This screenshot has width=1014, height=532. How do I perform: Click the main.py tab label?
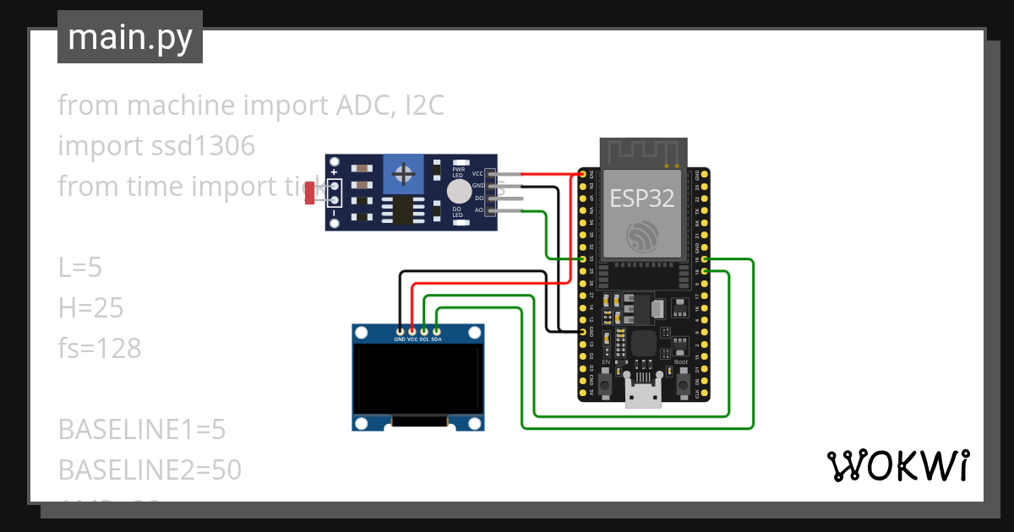coord(130,38)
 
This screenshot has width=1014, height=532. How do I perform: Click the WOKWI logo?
coord(897,465)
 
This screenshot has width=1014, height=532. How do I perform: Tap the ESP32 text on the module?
coord(643,198)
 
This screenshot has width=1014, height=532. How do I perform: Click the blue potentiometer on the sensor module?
coord(405,175)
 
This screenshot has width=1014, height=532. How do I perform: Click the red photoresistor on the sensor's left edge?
coord(311,193)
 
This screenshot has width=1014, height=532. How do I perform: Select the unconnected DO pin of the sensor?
coord(515,198)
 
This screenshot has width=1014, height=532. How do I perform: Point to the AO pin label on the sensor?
coord(479,209)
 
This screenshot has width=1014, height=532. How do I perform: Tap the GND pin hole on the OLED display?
coord(400,330)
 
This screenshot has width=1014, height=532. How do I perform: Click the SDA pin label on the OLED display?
coord(436,339)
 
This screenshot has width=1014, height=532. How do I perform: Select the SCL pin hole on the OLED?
coord(424,330)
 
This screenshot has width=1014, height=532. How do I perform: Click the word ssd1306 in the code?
coord(199,146)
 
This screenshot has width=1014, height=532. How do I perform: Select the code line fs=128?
coord(100,349)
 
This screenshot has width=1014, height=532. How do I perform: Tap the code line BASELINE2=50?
coord(150,470)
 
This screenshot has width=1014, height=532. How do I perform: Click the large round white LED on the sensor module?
coord(459,190)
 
